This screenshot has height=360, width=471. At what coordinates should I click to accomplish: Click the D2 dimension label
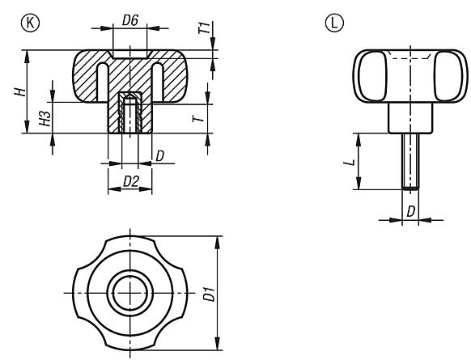(129, 180)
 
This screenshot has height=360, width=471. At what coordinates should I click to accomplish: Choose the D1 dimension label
(210, 293)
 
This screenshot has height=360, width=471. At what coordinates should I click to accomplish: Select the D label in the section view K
(161, 154)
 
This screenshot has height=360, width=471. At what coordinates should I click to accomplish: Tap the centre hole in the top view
(129, 292)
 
